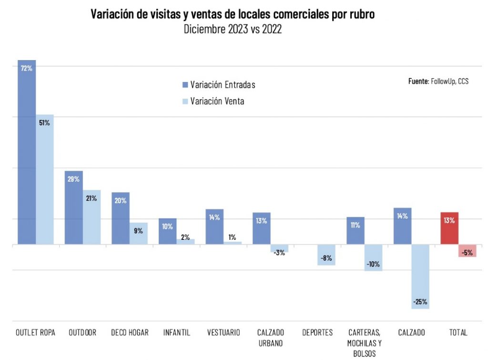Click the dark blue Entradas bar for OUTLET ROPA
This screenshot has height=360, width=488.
[27, 153]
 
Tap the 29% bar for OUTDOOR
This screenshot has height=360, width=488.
[74, 208]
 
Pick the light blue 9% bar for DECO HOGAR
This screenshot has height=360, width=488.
[139, 234]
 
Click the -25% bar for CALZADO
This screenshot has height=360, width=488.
[420, 277]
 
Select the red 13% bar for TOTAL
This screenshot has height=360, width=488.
[449, 228]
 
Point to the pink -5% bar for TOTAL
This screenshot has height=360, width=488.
[467, 250]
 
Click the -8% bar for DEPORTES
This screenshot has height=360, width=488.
[326, 255]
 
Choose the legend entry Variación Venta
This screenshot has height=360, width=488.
[217, 101]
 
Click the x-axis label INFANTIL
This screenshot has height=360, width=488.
[176, 332]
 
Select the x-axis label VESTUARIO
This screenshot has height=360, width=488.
[223, 332]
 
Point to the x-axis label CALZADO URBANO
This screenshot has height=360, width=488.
[270, 338]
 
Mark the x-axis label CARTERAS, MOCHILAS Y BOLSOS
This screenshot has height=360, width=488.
[364, 343]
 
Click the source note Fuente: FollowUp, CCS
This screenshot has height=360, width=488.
[438, 82]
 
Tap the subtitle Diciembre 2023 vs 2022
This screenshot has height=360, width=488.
[233, 29]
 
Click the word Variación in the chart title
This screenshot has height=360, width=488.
[113, 14]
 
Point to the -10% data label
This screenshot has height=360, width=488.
[373, 265]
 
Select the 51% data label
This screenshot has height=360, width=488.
[44, 123]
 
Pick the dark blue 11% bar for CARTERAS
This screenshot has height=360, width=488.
[356, 231]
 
